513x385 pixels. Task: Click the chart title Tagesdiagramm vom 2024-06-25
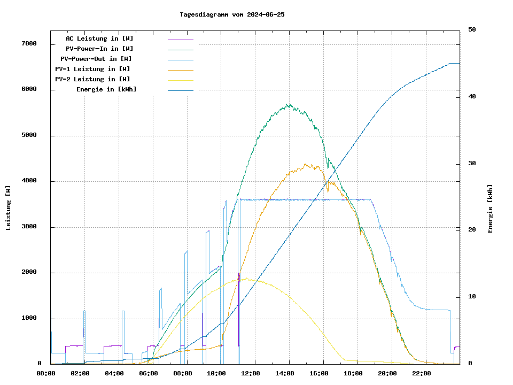click(232, 14)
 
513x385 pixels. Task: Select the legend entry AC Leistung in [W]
click(99, 38)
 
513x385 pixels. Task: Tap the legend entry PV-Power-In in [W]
click(103, 49)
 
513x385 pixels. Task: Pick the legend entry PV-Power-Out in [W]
click(96, 59)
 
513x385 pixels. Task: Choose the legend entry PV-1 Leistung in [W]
click(92, 69)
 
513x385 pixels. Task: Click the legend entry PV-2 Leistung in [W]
click(92, 79)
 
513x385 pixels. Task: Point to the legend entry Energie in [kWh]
click(106, 89)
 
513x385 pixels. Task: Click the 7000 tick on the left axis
click(29, 44)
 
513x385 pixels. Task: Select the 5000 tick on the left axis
click(29, 135)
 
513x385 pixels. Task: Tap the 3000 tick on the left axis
click(29, 227)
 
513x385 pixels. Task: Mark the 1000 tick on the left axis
click(29, 319)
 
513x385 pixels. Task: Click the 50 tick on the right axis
click(472, 30)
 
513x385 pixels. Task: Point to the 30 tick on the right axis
click(472, 164)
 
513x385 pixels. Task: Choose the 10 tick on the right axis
click(472, 297)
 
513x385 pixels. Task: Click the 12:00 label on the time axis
click(251, 373)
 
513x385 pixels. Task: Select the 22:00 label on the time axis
click(422, 373)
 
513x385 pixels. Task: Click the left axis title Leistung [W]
click(9, 207)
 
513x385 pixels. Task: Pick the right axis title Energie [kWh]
click(490, 209)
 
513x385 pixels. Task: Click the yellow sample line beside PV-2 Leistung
click(181, 80)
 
